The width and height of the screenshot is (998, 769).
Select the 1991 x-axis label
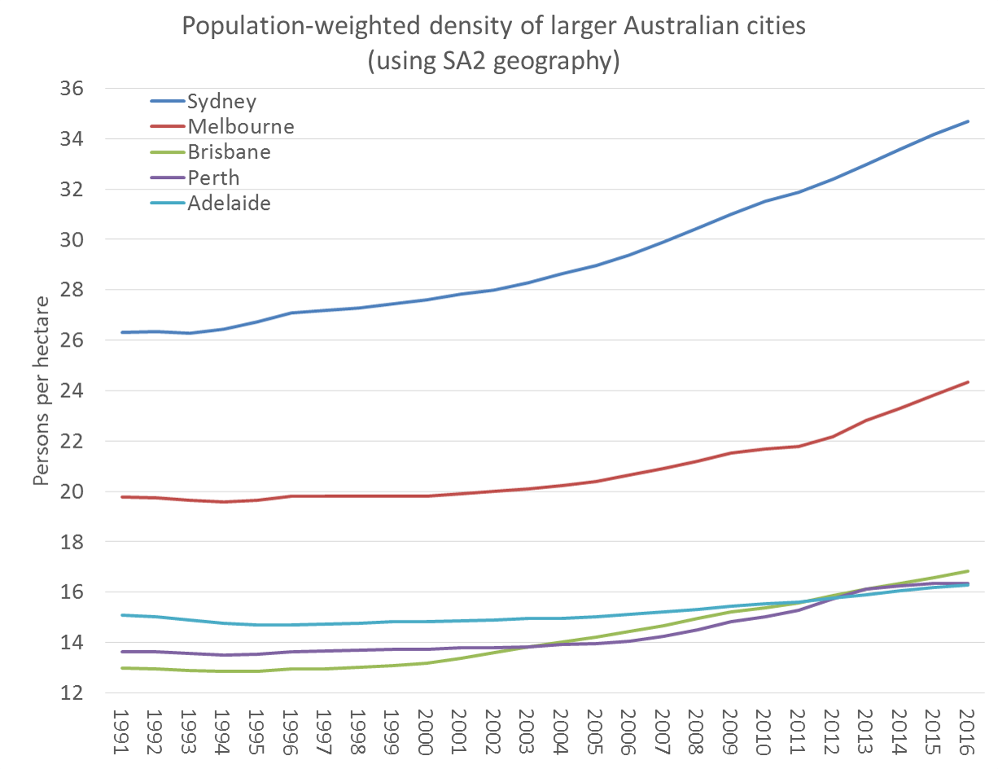(x=123, y=727)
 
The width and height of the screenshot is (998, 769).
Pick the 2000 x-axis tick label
(x=427, y=727)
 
